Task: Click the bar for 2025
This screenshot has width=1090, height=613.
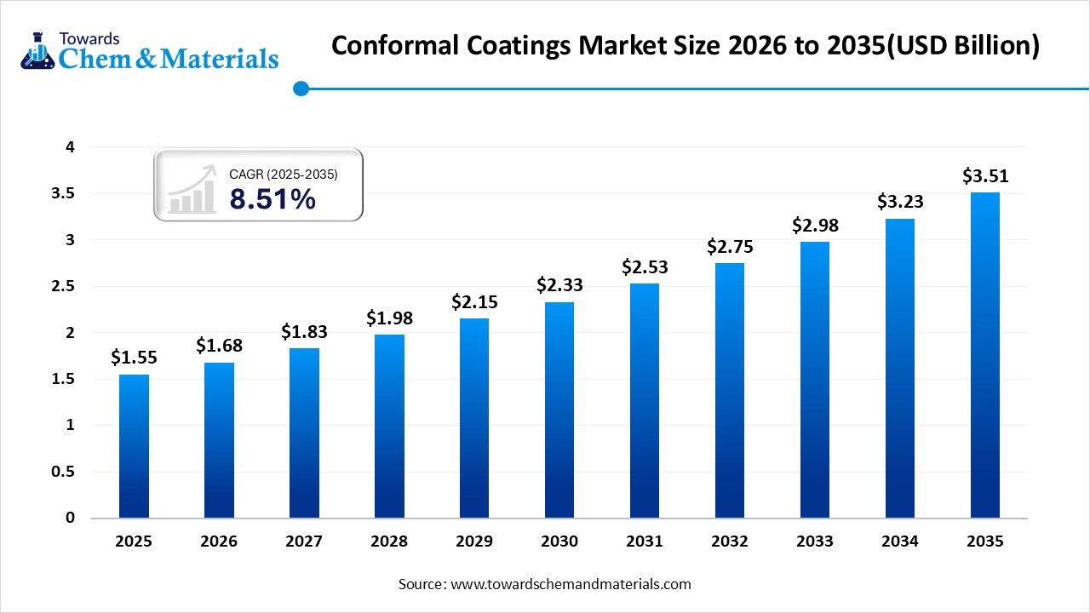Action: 134,446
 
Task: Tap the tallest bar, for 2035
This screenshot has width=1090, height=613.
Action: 985,355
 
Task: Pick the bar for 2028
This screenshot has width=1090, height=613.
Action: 389,426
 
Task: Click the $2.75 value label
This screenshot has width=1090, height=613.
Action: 730,247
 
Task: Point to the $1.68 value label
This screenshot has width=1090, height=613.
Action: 219,346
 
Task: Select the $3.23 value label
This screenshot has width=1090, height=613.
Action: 900,203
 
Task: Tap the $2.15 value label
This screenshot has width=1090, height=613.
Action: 474,302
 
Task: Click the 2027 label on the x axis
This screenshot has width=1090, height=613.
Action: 304,541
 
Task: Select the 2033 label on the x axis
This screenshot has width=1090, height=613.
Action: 815,541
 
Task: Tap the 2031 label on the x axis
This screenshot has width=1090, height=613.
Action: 645,541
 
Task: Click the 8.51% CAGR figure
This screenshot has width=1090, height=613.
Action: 272,199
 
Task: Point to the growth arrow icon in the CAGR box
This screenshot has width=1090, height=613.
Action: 192,190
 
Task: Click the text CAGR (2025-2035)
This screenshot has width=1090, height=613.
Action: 284,175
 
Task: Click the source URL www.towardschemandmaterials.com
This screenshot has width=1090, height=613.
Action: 570,584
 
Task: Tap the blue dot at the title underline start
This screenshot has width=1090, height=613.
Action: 300,88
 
